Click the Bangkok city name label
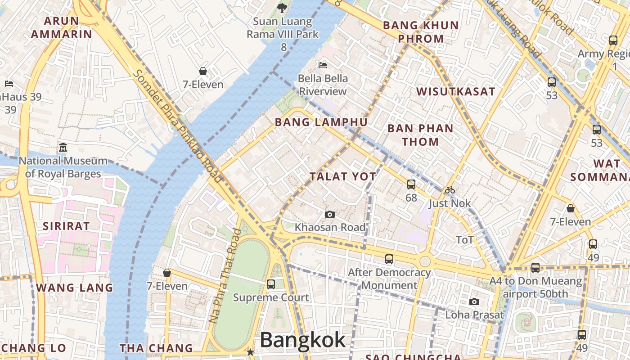303,340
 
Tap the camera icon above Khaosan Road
330,214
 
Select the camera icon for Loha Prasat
474,301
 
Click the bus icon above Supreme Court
270,284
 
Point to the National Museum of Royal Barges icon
63,147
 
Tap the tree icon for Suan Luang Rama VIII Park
282,8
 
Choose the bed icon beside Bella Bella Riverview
323,65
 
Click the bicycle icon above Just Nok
450,190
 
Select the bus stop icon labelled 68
411,184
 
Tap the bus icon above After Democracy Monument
389,259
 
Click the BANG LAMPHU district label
321,122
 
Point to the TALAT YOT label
343,176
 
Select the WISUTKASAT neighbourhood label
455,92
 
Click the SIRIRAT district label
66,226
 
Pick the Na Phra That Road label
225,276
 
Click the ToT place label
465,240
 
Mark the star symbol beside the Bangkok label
250,352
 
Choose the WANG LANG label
75,288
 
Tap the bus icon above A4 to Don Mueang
535,267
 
